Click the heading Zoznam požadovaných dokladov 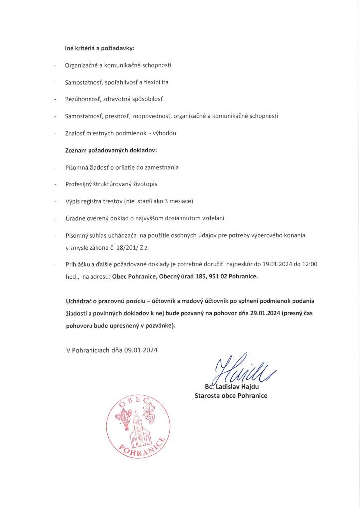tap(111, 150)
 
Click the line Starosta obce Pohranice tap(231, 396)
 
